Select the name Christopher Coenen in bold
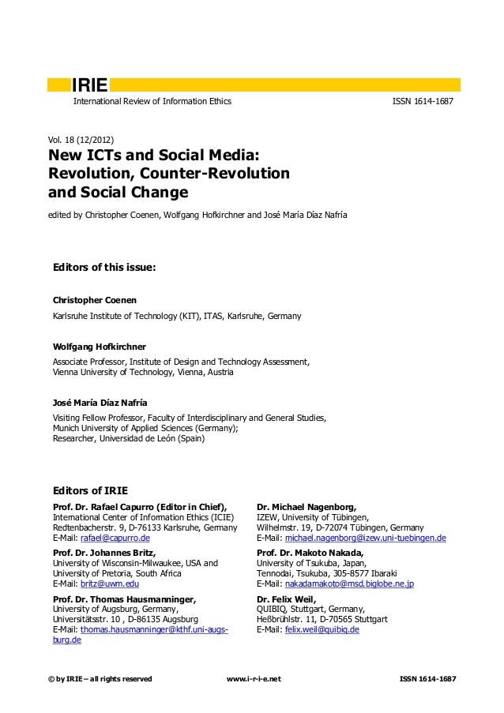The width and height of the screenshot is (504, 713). [x=93, y=301]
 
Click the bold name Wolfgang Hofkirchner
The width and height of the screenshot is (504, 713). [x=100, y=347]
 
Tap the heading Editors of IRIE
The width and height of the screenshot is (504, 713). [x=89, y=490]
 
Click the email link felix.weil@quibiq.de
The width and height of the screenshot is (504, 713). [x=322, y=630]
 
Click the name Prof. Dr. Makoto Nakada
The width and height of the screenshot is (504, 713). [x=310, y=552]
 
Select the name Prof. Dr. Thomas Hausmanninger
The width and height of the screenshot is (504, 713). [x=124, y=599]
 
